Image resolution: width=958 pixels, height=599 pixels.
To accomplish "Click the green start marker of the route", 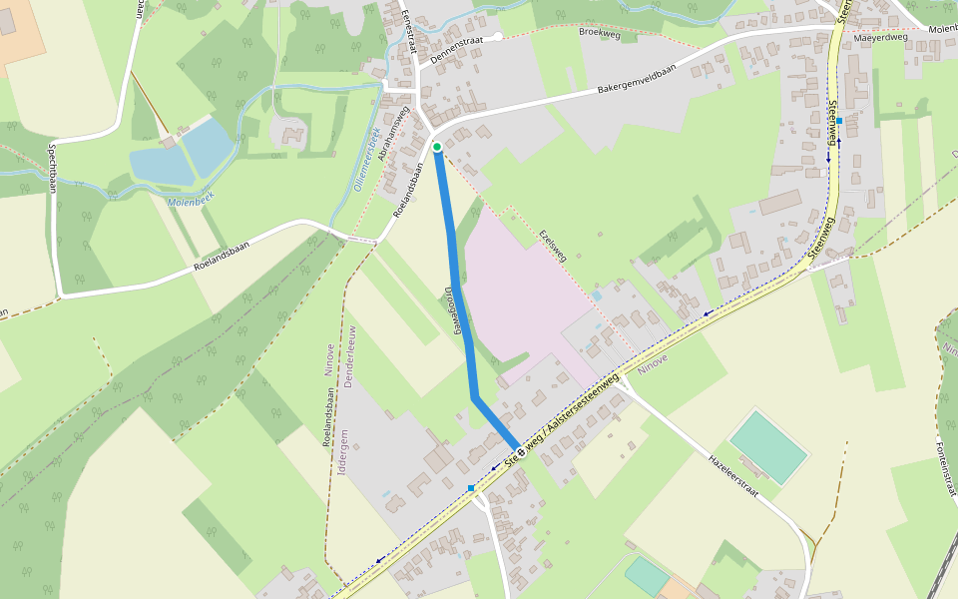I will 437,148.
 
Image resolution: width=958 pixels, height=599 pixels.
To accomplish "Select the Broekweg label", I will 600,32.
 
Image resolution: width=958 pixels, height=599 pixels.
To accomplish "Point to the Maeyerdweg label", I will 881,38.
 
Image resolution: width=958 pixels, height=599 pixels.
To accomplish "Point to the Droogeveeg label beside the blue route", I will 451,310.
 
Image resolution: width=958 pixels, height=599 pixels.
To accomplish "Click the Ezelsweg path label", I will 552,243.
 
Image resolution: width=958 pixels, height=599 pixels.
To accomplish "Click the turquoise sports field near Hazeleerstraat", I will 767,446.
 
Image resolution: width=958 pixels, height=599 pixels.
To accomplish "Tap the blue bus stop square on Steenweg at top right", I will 839,121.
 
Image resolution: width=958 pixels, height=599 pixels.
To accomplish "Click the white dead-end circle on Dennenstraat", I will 498,36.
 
